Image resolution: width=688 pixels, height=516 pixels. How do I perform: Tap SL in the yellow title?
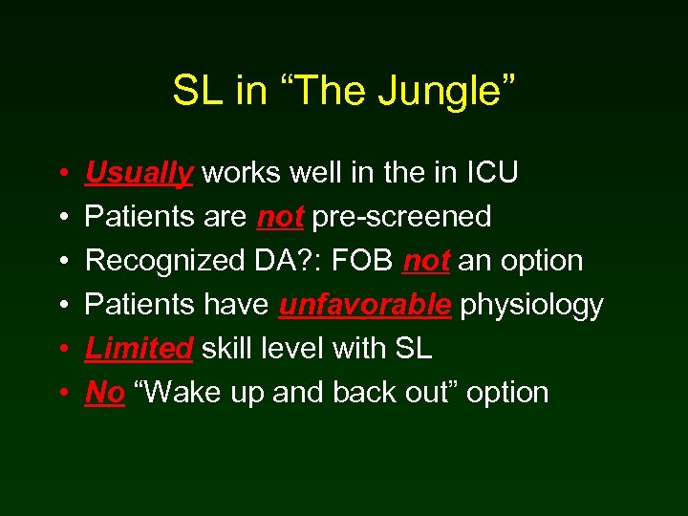click(195, 92)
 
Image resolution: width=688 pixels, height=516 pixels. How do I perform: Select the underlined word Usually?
click(140, 173)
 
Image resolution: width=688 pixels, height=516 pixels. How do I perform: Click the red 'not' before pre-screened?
click(280, 217)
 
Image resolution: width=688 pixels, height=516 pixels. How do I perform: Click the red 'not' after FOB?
click(426, 261)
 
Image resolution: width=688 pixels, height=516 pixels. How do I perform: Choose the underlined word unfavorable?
click(365, 305)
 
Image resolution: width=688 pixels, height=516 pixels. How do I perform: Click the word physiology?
click(531, 305)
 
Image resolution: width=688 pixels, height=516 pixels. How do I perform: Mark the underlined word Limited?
click(139, 349)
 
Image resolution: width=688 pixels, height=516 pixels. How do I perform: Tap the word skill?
click(226, 349)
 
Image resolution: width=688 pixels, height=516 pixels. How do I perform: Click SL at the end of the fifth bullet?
click(413, 349)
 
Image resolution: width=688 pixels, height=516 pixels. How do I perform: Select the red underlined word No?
click(105, 393)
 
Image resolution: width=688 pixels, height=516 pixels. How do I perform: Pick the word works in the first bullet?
click(238, 173)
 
